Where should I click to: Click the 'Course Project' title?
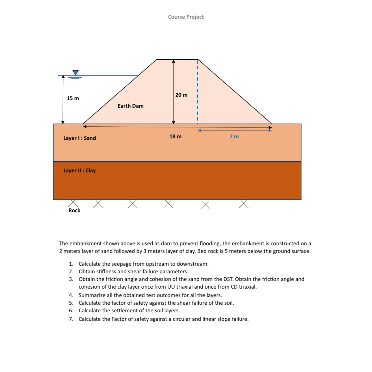pos(186,17)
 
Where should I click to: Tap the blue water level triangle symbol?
pos(75,73)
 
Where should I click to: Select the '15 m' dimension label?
pos(73,98)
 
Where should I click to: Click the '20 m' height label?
pos(181,95)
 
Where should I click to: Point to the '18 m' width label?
pos(176,137)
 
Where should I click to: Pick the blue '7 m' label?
pos(234,137)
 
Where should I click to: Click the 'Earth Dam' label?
pos(131,106)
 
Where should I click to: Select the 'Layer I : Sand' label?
pos(80,138)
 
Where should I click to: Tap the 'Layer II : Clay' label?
pos(80,170)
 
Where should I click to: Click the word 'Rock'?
pos(74,210)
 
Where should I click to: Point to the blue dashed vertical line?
pos(198,93)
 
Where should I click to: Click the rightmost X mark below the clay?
pos(244,204)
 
